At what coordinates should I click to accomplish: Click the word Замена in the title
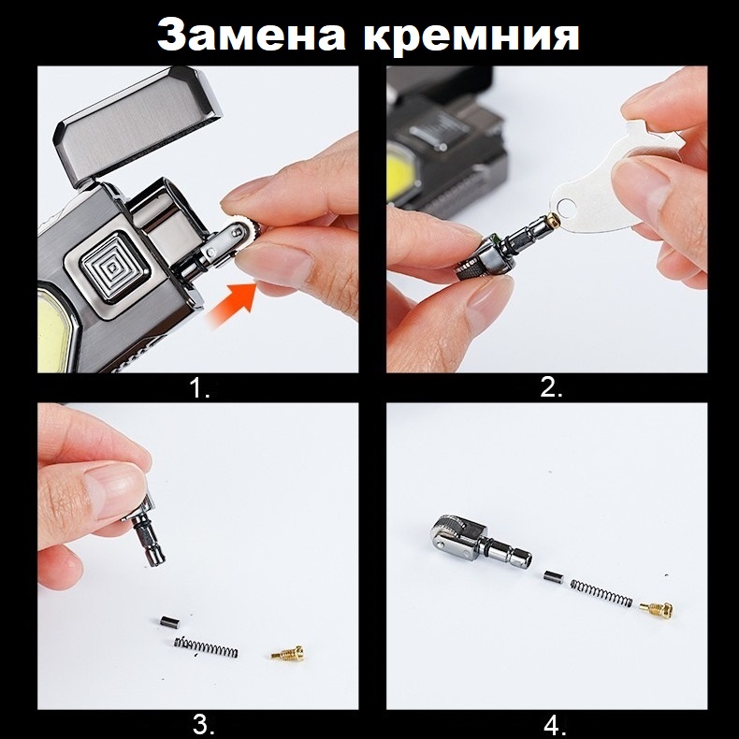pyautogui.click(x=252, y=35)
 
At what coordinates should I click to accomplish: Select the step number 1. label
pyautogui.click(x=198, y=389)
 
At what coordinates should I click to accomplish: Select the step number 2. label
pyautogui.click(x=551, y=387)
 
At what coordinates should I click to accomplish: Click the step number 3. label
pyautogui.click(x=204, y=724)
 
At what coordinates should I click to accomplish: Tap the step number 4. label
pyautogui.click(x=555, y=725)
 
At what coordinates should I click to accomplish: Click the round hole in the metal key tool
pyautogui.click(x=566, y=206)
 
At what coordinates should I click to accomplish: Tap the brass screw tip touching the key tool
pyautogui.click(x=552, y=220)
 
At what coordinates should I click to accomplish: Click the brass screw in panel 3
pyautogui.click(x=287, y=653)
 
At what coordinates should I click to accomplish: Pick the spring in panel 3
pyautogui.click(x=206, y=647)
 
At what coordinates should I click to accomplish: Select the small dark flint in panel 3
pyautogui.click(x=169, y=622)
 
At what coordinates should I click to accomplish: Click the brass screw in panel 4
pyautogui.click(x=656, y=610)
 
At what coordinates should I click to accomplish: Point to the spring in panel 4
pyautogui.click(x=601, y=593)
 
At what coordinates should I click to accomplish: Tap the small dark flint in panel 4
pyautogui.click(x=553, y=577)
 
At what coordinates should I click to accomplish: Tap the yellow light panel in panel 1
pyautogui.click(x=52, y=330)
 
